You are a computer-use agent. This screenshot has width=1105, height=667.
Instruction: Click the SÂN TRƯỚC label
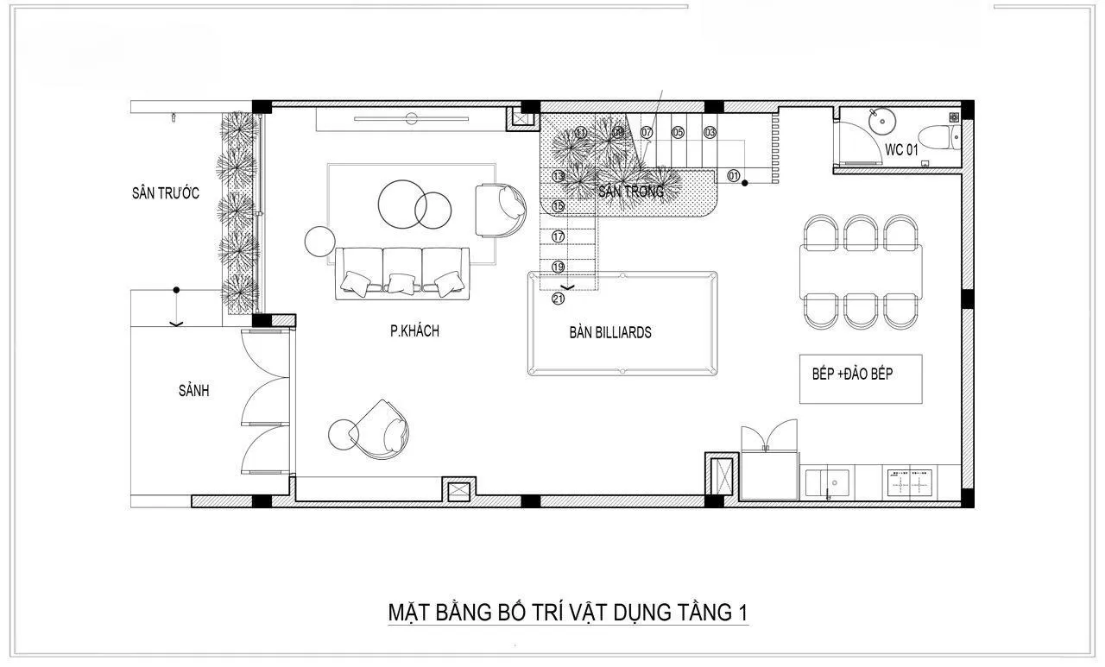(165, 193)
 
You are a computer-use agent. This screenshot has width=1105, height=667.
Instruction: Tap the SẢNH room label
(193, 391)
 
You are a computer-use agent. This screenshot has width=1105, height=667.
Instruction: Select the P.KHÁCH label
(414, 330)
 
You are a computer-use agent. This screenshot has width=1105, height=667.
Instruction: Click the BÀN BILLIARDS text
(609, 332)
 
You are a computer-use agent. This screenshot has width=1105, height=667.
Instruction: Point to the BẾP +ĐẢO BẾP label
(852, 374)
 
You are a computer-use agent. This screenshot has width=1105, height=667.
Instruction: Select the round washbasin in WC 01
(881, 122)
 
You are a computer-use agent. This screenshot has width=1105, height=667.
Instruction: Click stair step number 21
(558, 299)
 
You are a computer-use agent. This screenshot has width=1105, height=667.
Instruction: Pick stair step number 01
(734, 176)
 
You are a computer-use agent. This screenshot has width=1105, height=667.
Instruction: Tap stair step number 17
(558, 236)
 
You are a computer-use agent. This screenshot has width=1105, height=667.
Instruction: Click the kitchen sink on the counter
(828, 482)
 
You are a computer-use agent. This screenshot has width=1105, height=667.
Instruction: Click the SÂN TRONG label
(631, 192)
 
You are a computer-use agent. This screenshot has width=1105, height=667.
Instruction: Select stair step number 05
(678, 133)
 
